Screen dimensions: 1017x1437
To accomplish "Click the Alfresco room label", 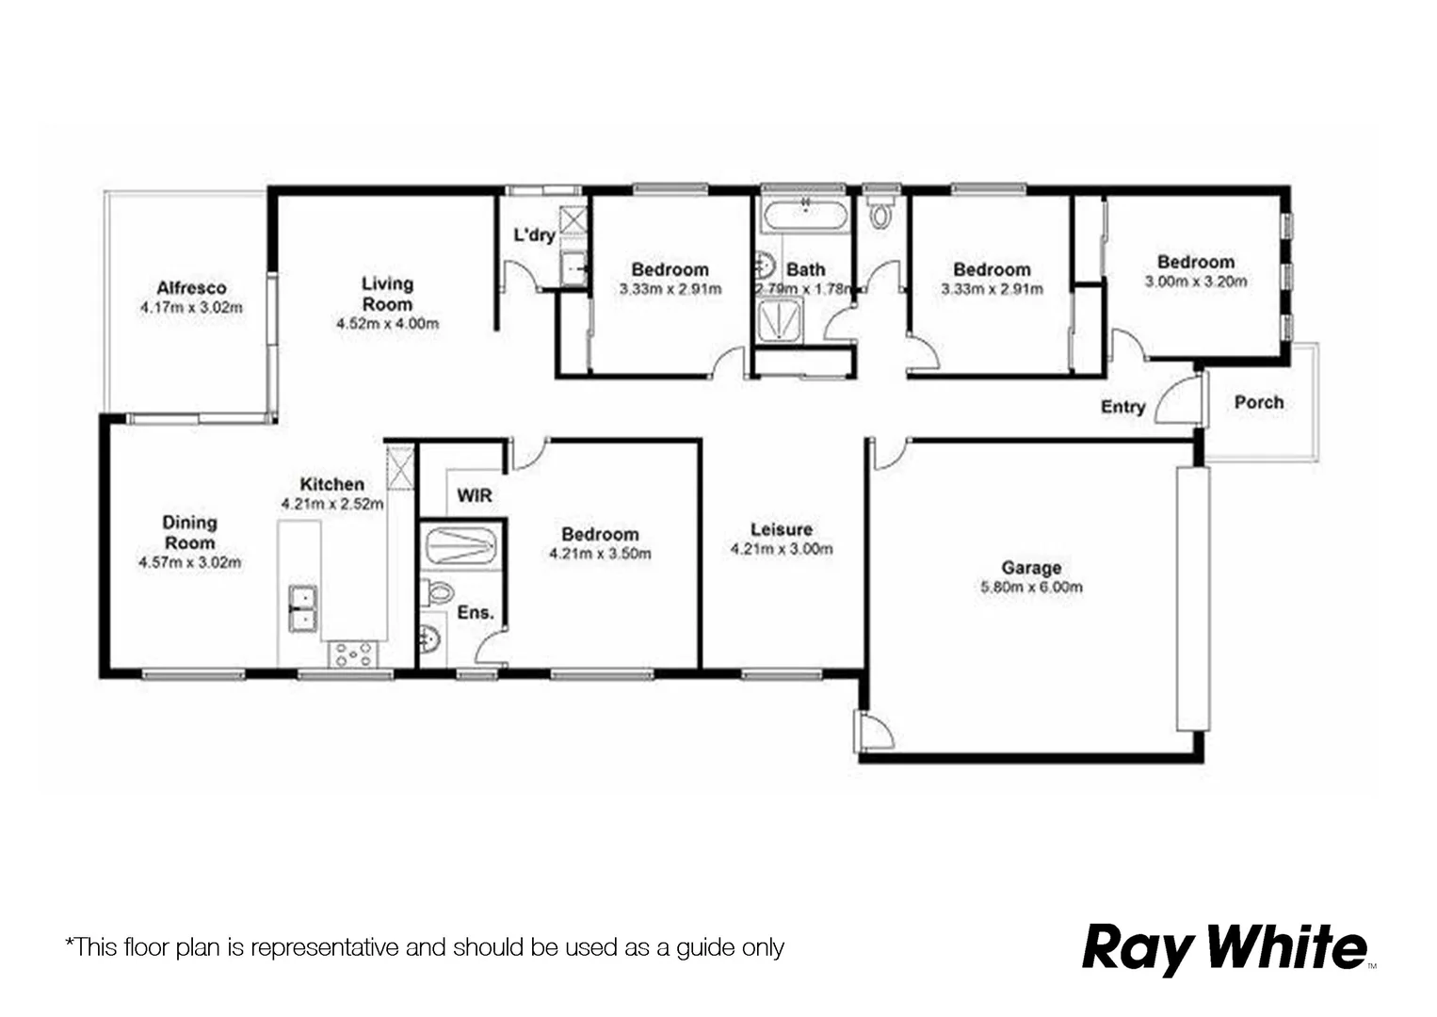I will click(191, 288).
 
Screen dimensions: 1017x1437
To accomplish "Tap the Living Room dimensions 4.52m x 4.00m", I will click(387, 324).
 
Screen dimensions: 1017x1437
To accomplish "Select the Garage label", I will click(1031, 568).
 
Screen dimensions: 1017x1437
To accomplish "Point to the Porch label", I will click(1259, 402).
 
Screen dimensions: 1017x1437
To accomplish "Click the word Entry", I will click(1122, 407).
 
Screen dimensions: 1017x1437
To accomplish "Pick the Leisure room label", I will click(781, 529).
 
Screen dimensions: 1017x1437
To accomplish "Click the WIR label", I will click(475, 495).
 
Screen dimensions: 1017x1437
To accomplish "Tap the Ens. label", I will click(476, 612).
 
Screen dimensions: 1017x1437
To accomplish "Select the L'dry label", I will click(534, 234).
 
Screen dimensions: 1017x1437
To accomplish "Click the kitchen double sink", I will click(302, 608).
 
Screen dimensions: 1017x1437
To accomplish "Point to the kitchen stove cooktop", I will click(353, 653).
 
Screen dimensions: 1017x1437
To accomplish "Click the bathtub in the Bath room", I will click(806, 216).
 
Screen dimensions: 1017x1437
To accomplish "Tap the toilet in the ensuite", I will click(438, 593).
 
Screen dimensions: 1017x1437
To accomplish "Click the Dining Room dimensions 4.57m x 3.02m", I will click(189, 563).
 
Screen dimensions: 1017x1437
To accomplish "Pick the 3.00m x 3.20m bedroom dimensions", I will click(1196, 282).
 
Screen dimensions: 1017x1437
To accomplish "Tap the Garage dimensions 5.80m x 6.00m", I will click(1031, 588).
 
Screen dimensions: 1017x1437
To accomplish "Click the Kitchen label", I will click(331, 484).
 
